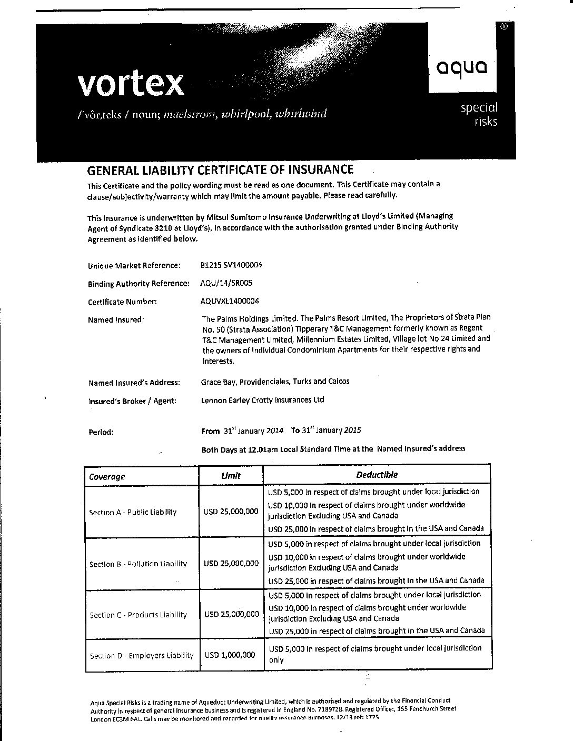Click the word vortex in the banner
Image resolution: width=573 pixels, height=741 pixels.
[x=131, y=84]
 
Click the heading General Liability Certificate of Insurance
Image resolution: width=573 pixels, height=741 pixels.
[x=220, y=169]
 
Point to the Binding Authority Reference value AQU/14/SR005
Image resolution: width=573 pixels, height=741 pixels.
[x=226, y=283]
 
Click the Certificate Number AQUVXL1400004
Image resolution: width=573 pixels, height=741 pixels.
[x=230, y=301]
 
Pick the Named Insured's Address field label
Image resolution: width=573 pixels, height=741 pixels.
[x=134, y=383]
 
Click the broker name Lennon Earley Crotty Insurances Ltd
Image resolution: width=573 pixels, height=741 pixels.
[x=262, y=399]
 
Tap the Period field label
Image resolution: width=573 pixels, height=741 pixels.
[x=101, y=432]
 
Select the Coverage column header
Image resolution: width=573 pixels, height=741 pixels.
[x=107, y=477]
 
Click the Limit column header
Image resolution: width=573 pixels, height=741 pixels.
[x=231, y=475]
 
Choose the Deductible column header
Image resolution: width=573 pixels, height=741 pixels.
[x=377, y=475]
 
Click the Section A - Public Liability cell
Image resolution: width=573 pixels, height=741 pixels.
[x=133, y=512]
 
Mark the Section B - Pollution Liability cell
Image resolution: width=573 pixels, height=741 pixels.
[x=138, y=564]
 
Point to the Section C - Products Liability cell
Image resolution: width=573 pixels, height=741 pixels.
[x=138, y=615]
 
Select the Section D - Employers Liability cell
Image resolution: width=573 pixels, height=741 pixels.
[x=141, y=656]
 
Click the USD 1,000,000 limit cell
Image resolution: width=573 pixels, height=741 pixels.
[x=230, y=655]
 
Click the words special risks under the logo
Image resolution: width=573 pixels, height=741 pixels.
[x=479, y=114]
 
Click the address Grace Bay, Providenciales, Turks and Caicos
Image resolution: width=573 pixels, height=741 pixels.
[x=275, y=382]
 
